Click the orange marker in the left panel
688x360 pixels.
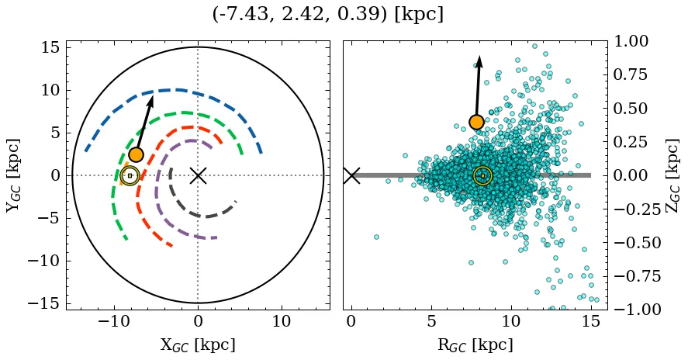pyautogui.click(x=136, y=154)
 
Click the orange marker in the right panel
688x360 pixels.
pyautogui.click(x=476, y=122)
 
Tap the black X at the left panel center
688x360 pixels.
pyautogui.click(x=198, y=175)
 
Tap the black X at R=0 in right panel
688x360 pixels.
pyautogui.click(x=351, y=175)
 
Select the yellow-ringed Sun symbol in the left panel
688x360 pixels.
pyautogui.click(x=130, y=176)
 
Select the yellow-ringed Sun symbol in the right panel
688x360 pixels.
pyautogui.click(x=482, y=176)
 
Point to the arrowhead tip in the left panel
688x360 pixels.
pyautogui.click(x=152, y=95)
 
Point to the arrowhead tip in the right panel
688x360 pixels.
pyautogui.click(x=480, y=56)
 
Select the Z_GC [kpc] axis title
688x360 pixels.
pyautogui.click(x=672, y=175)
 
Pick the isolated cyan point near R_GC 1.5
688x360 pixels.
pyautogui.click(x=376, y=237)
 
